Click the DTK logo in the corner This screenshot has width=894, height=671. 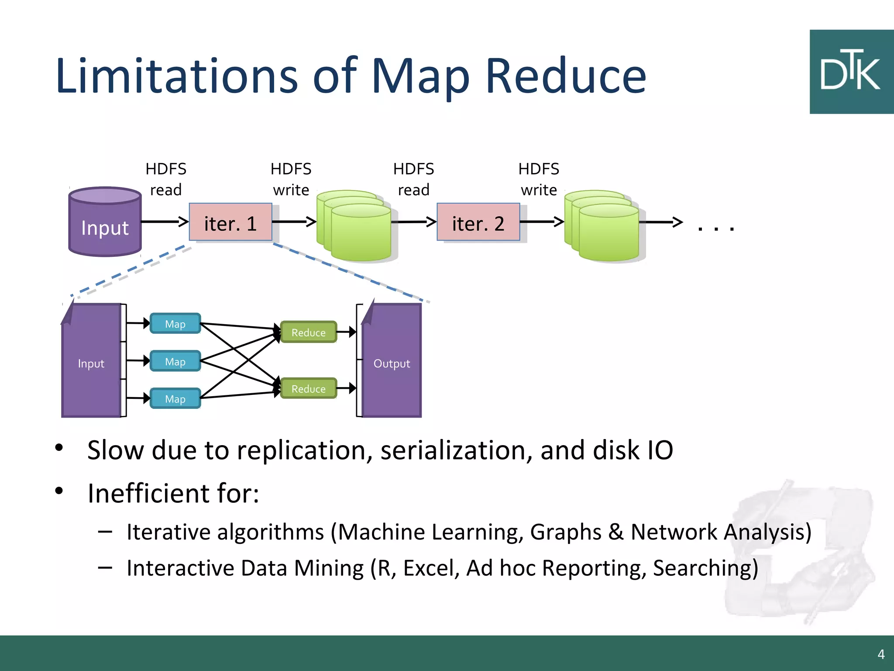tap(851, 72)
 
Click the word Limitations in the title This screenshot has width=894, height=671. tap(177, 76)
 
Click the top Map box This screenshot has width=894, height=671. tap(175, 324)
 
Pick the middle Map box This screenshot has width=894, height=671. tap(175, 361)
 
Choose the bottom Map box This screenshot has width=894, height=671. tap(175, 398)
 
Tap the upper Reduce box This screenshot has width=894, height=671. tap(308, 332)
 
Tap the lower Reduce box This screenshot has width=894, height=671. tap(308, 388)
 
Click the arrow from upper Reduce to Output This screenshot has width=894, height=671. tap(347, 332)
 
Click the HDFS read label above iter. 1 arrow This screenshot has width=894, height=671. tap(166, 179)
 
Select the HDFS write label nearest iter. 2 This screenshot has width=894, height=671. tap(539, 179)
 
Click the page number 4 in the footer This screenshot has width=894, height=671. tap(881, 654)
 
